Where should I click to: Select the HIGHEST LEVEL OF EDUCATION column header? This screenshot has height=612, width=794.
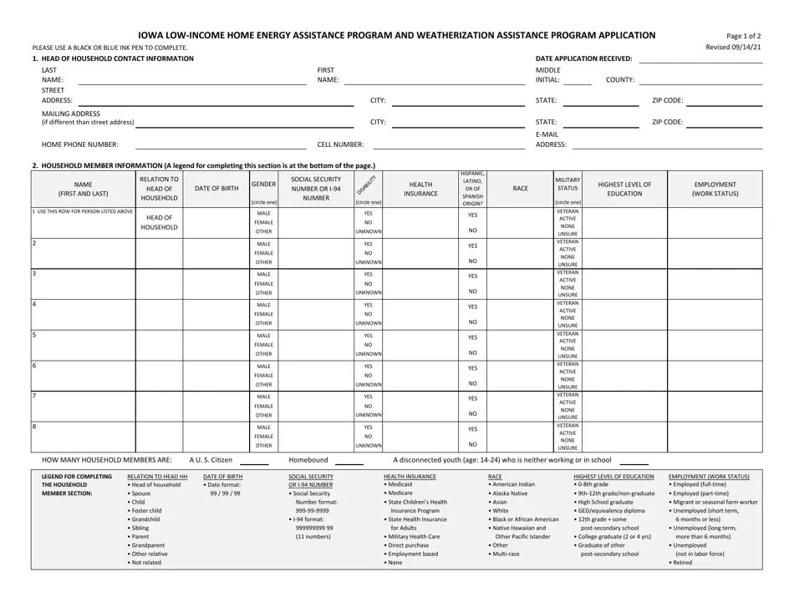pyautogui.click(x=624, y=189)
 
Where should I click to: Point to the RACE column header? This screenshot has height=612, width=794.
pyautogui.click(x=520, y=189)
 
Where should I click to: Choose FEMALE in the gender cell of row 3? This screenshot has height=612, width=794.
pyautogui.click(x=263, y=284)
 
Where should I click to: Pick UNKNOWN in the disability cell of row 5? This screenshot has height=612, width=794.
pyautogui.click(x=369, y=354)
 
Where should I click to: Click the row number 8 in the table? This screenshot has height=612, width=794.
pyautogui.click(x=34, y=427)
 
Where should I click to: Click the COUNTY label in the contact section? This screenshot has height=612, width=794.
pyautogui.click(x=619, y=79)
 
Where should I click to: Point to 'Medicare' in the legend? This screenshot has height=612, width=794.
pyautogui.click(x=400, y=493)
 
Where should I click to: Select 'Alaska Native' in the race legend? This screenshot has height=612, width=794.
pyautogui.click(x=508, y=493)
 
